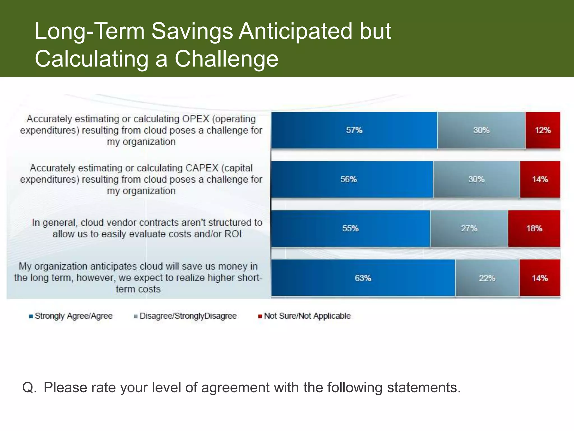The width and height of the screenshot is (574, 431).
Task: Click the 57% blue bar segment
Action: pyautogui.click(x=354, y=130)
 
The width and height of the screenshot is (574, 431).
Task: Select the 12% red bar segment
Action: pyautogui.click(x=543, y=130)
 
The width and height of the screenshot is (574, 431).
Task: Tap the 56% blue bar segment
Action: pyautogui.click(x=352, y=179)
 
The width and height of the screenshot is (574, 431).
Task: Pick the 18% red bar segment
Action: pyautogui.click(x=534, y=228)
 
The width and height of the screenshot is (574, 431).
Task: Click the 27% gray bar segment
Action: pyautogui.click(x=469, y=228)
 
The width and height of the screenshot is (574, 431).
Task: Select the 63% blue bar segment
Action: pyautogui.click(x=363, y=278)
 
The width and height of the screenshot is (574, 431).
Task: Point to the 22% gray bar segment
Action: pyautogui.click(x=487, y=278)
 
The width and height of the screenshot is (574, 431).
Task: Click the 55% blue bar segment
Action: pyautogui.click(x=350, y=228)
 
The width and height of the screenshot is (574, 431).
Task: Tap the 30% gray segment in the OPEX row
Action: pyautogui.click(x=481, y=130)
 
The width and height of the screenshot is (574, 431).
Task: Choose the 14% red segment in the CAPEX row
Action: pyautogui.click(x=540, y=179)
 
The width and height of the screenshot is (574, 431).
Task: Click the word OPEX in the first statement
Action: pyautogui.click(x=196, y=119)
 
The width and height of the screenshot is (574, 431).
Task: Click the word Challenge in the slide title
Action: pyautogui.click(x=226, y=59)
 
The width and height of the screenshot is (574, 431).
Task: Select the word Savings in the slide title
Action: pyautogui.click(x=192, y=31)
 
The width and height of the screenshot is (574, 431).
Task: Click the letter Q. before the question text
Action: pyautogui.click(x=29, y=388)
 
